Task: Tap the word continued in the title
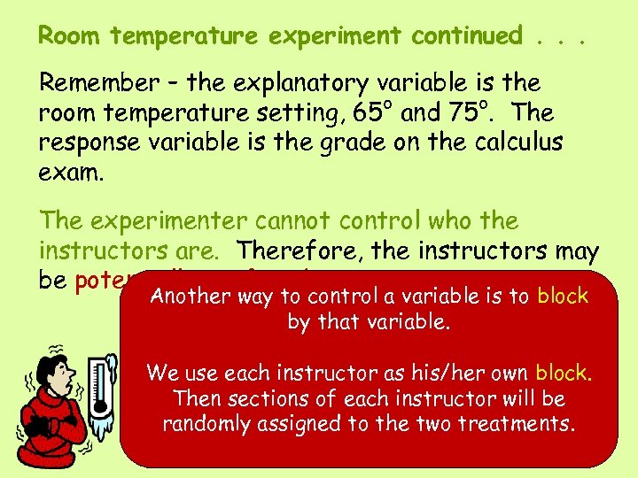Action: point(468,36)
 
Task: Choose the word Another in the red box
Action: point(184,297)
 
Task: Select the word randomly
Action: point(206,424)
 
